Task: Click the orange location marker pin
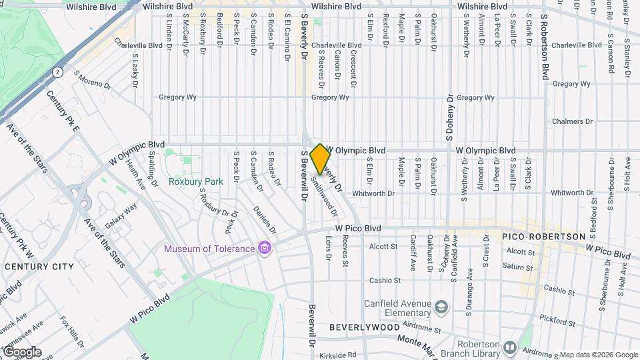320,159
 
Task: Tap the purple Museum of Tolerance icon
265,249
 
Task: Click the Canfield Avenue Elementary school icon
440,307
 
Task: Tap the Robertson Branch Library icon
509,347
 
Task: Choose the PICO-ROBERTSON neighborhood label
543,237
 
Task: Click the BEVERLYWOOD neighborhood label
364,328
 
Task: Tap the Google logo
21,352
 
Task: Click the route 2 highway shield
59,72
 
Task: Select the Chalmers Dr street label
573,122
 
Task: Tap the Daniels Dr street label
265,219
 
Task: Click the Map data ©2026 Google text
599,355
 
